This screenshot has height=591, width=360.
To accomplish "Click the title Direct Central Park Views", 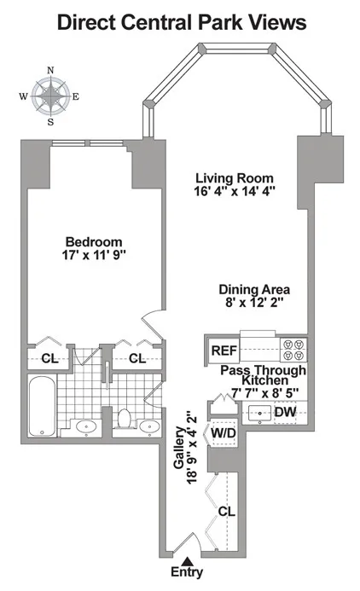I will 180,23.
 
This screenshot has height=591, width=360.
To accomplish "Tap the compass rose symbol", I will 50,96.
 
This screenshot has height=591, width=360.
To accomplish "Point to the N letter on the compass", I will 50,70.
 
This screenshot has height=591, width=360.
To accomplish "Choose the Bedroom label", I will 94,241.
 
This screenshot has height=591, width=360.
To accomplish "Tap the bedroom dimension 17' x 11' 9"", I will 94,255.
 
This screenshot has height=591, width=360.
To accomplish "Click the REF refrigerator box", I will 224,350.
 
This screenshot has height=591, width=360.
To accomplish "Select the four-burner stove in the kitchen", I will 293,350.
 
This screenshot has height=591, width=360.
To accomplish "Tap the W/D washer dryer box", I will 224,432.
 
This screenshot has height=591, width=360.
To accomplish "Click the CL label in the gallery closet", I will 226,512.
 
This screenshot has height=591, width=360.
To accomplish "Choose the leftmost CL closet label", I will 49,359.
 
